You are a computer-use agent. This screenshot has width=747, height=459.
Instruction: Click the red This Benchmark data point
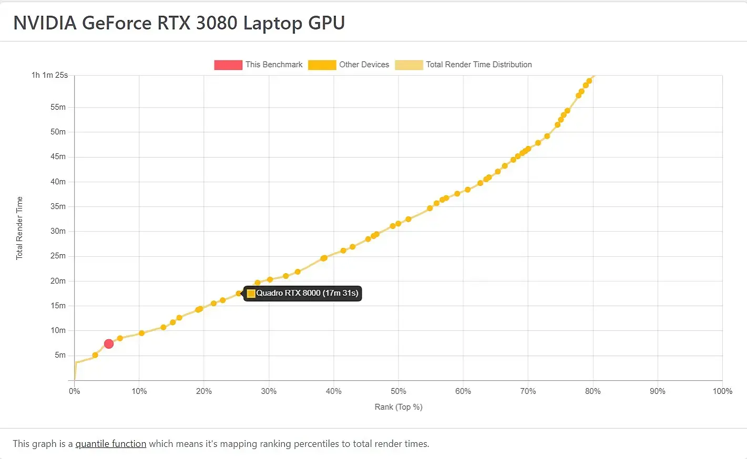tap(109, 344)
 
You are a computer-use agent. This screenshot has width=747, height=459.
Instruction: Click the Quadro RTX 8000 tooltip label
tap(307, 293)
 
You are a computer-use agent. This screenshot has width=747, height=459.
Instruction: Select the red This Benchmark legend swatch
tap(228, 65)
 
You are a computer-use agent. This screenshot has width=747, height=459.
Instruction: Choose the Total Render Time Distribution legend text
tap(478, 65)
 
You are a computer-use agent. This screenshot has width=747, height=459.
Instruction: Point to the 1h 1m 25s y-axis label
tap(49, 75)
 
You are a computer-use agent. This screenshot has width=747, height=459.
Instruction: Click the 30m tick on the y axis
tap(58, 231)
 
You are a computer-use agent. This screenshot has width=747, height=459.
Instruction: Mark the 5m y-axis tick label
tap(60, 355)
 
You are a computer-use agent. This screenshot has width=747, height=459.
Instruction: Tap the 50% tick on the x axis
tap(398, 391)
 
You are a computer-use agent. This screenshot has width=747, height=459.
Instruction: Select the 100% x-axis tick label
tap(722, 391)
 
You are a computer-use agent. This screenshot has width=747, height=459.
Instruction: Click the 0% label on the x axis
tap(75, 391)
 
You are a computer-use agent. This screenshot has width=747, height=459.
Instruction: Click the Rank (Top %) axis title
tap(398, 407)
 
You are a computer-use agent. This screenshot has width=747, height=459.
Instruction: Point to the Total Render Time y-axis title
tap(19, 228)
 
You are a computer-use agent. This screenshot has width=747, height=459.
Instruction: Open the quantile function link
tap(111, 444)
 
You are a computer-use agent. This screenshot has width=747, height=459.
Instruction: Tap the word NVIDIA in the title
tap(45, 23)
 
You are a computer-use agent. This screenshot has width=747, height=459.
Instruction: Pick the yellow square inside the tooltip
tap(251, 294)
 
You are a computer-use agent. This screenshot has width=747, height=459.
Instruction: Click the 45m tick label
tap(58, 157)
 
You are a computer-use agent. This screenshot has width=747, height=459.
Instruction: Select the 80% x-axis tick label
tap(592, 391)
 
